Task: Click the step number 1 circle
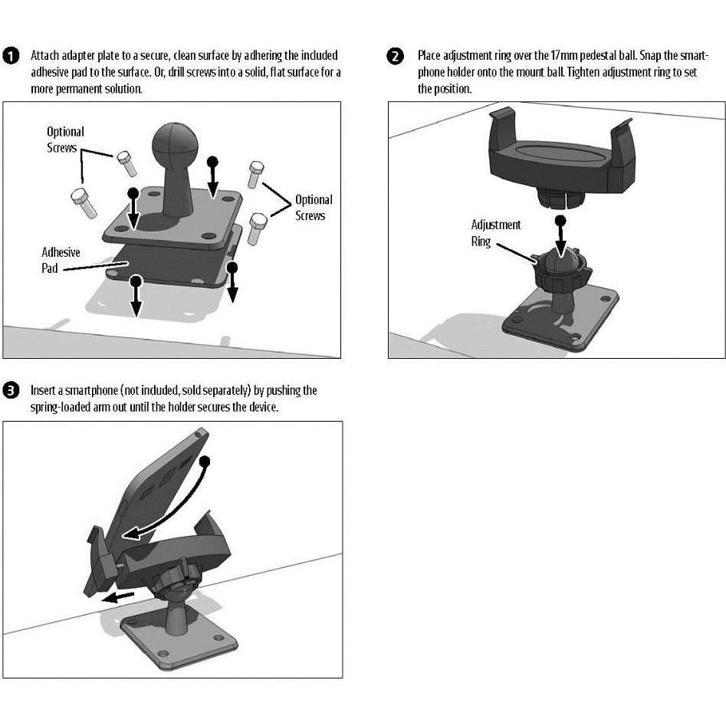[x=11, y=56]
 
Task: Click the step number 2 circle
[x=396, y=56]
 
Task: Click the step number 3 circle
[x=11, y=391]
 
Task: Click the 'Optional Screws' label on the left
[x=65, y=140]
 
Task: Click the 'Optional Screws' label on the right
[x=314, y=208]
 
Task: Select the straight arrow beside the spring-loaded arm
[x=119, y=596]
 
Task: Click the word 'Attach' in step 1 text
[x=44, y=56]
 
